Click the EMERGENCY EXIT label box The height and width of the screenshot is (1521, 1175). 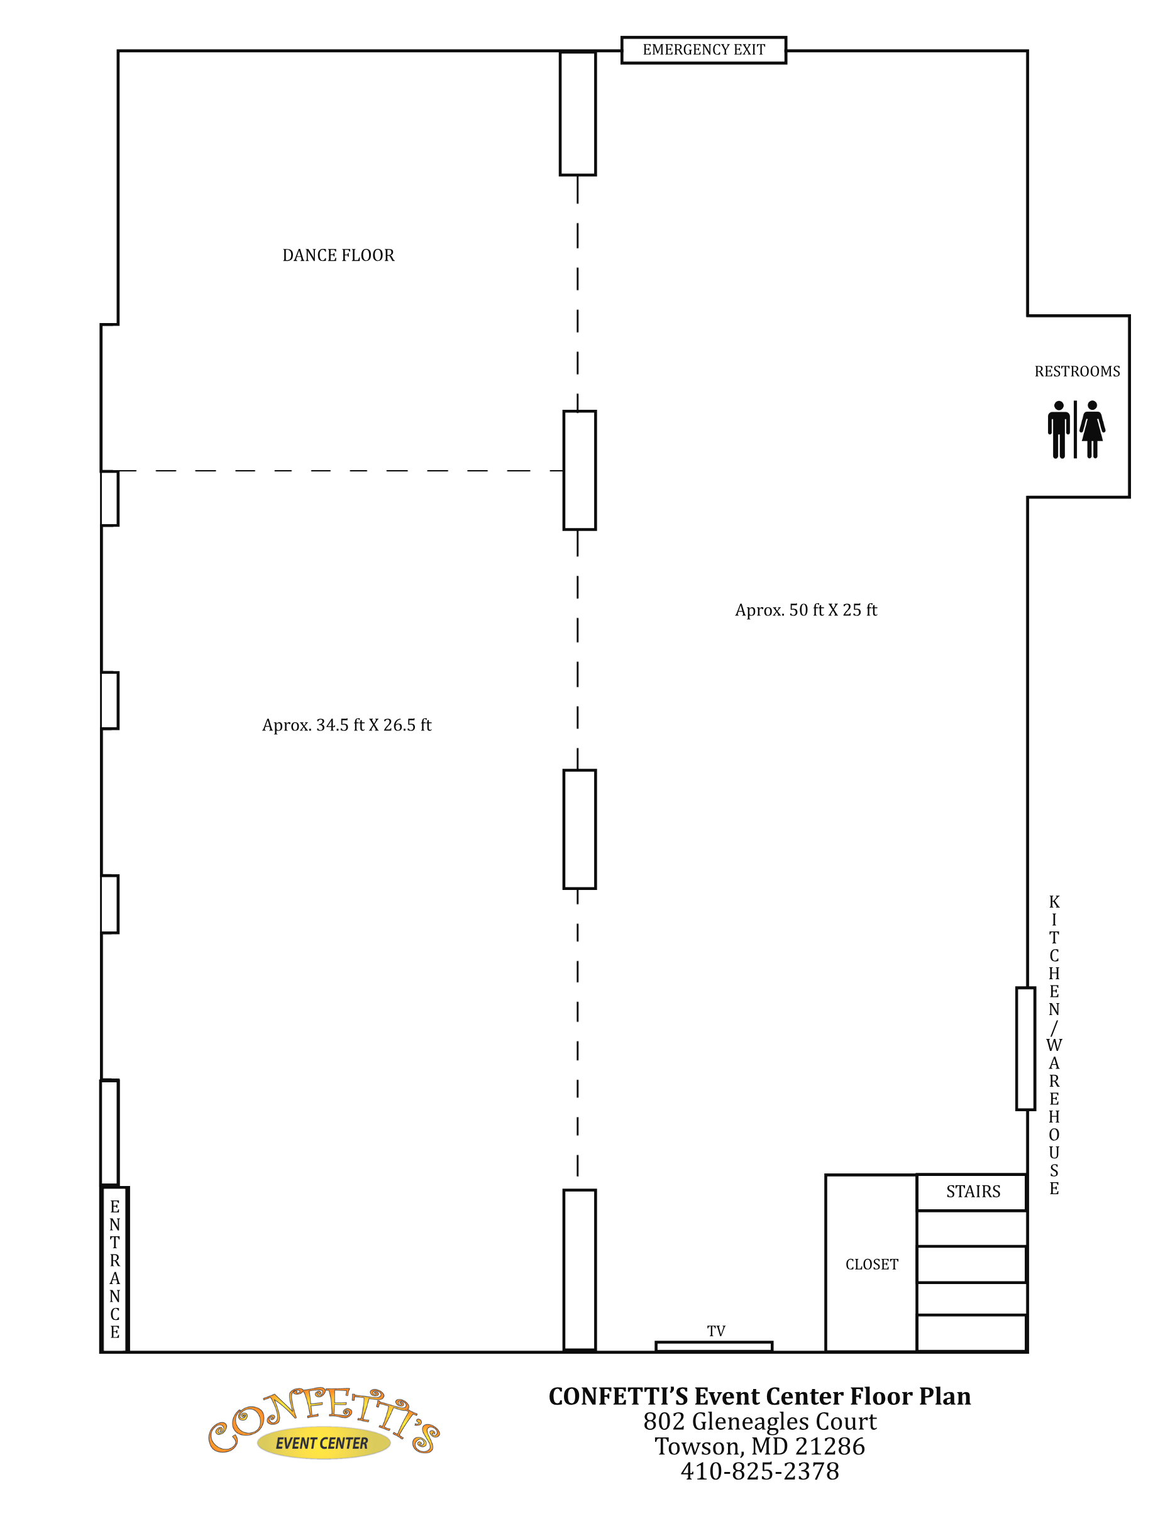point(703,50)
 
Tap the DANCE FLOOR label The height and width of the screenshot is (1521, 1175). point(338,256)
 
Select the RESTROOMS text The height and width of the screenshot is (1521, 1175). point(1077,371)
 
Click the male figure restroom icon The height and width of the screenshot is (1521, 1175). point(1059,429)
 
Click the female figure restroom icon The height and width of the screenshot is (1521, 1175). point(1092,429)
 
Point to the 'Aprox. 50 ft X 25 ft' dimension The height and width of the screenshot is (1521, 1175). point(806,610)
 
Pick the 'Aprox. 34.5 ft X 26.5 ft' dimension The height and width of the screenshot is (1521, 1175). point(347,725)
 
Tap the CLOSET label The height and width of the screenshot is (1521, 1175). point(872,1264)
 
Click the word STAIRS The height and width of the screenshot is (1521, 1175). point(973,1192)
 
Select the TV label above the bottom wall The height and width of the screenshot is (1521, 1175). point(716,1331)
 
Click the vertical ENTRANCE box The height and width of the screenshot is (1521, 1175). point(115,1269)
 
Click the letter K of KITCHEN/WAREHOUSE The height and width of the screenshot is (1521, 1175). point(1054,902)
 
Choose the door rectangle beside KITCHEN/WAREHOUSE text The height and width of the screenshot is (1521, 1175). point(1025,1048)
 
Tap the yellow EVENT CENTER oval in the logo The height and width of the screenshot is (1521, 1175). point(323,1444)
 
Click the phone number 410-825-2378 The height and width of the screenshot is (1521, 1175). point(759,1471)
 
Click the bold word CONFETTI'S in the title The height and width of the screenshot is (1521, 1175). point(618,1397)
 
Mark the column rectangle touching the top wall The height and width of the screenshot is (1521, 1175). point(577,114)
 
